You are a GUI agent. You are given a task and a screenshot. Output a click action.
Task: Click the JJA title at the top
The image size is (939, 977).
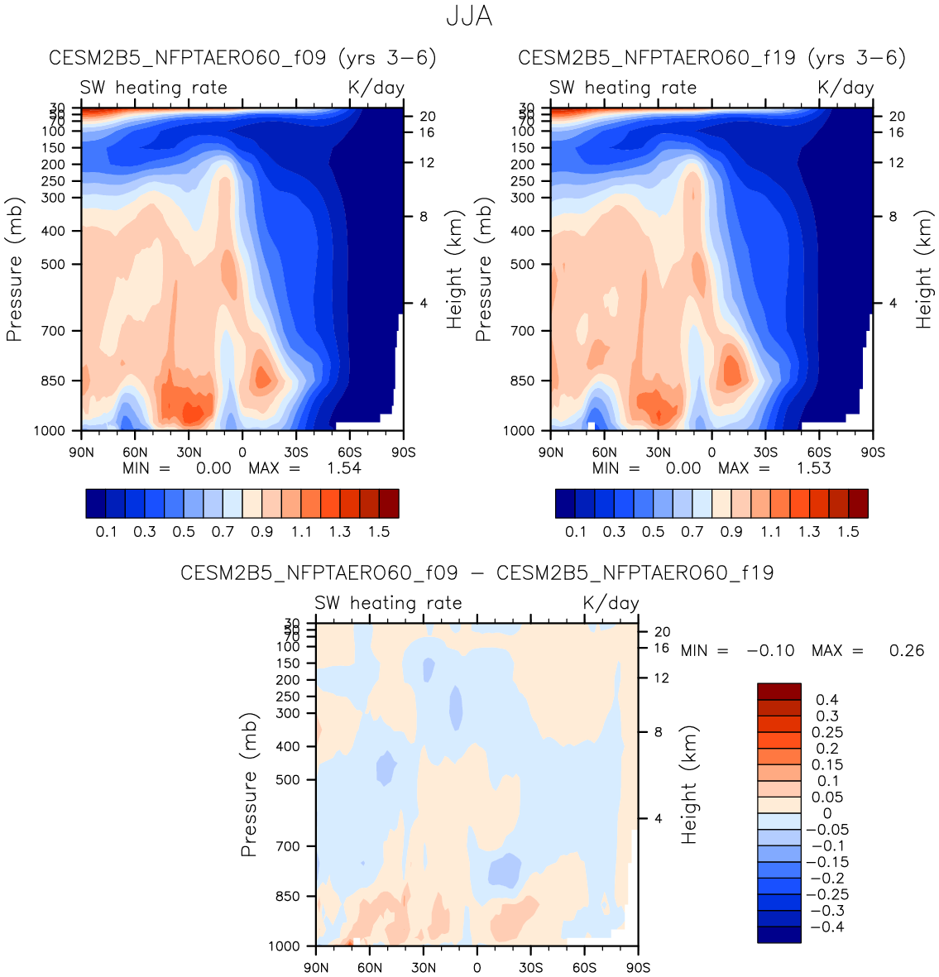[469, 17]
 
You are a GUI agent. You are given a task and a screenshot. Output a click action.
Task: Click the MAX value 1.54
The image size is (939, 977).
[344, 468]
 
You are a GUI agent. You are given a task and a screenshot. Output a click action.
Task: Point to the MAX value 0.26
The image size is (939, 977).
[907, 651]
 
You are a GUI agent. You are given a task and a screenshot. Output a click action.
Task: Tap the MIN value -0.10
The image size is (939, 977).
[770, 651]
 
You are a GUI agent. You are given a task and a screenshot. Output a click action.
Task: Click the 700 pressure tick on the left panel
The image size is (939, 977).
[53, 331]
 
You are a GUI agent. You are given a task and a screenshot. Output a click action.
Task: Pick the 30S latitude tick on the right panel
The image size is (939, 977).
[765, 453]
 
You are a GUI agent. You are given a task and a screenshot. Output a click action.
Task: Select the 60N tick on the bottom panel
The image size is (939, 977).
[370, 968]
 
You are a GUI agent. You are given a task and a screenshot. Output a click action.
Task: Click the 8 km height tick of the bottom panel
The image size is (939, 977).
[658, 732]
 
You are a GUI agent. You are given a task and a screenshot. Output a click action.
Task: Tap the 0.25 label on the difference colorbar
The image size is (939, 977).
[827, 732]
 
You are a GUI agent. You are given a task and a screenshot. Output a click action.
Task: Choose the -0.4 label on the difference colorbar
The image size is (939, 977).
[826, 927]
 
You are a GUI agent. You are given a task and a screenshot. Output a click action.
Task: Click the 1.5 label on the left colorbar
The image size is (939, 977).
[379, 532]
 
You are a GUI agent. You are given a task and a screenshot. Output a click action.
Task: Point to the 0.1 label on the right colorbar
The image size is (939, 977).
[576, 532]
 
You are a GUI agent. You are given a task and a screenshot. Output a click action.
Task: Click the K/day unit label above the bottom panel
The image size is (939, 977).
[611, 603]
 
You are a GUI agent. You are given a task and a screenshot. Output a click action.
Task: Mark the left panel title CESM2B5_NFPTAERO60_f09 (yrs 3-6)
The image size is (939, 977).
[242, 58]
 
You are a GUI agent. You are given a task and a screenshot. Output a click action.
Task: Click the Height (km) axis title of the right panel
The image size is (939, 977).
[923, 269]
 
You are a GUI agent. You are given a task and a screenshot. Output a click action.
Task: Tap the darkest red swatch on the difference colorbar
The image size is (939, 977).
[779, 692]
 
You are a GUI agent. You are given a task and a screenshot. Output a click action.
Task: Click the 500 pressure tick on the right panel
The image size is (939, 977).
[522, 265]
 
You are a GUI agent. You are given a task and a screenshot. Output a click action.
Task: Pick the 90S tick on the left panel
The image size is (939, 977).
[403, 453]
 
